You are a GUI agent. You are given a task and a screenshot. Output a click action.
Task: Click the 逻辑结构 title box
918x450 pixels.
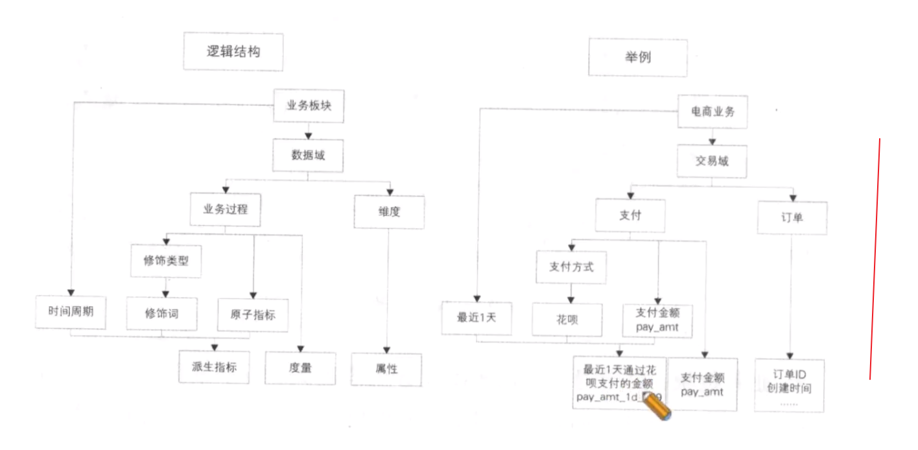point(233,52)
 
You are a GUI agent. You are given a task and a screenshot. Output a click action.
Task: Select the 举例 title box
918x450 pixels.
point(637,57)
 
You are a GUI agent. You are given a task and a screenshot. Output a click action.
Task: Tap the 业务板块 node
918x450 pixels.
point(309,106)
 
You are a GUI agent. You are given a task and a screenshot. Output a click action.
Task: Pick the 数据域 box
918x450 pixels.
point(308,156)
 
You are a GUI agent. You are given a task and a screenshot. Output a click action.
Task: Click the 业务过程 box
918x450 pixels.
point(226,209)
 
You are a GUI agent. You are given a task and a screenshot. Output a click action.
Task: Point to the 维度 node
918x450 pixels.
point(388,211)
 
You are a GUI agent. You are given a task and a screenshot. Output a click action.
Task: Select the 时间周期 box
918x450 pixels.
point(71,311)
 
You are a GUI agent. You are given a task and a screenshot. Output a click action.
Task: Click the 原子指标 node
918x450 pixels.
point(252,314)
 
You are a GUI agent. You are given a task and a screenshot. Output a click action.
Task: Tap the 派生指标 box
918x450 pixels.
point(215,367)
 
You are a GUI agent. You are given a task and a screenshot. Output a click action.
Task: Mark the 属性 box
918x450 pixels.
point(386,369)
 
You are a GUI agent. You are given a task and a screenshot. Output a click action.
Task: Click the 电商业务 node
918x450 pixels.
point(713,112)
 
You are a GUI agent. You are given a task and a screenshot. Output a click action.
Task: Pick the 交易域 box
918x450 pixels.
point(712,161)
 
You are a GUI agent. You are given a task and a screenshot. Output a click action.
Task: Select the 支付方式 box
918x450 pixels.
point(571,267)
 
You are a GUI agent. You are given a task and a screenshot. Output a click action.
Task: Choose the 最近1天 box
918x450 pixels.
point(477,318)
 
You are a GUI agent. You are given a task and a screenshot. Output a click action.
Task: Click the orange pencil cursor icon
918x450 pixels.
point(657,408)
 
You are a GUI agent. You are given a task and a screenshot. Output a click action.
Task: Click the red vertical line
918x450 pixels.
point(874,259)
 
